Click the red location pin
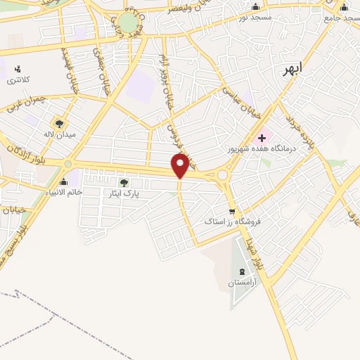181,165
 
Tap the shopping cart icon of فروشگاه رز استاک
232,211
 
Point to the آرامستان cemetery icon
243,271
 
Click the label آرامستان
243,283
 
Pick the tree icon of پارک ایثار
124,183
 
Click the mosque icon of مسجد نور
255,7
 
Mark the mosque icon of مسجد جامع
344,8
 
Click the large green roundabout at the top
128,22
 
